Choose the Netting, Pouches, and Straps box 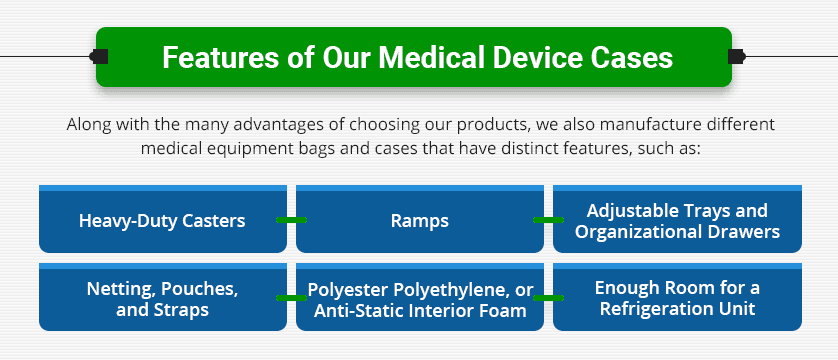point(162,298)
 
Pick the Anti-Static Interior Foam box point(419,298)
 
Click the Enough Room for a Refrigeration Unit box point(677,298)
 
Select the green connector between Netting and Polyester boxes point(291,298)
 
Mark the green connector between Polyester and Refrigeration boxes point(548,298)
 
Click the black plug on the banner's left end point(101,56)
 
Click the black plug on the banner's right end point(737,56)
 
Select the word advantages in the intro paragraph point(262,126)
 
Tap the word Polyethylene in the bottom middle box point(448,289)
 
